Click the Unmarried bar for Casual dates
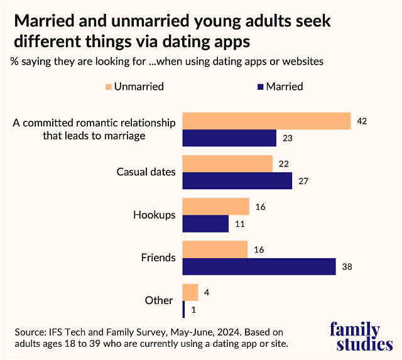[x=227, y=163]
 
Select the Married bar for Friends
[x=259, y=266]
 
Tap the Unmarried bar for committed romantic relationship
[x=266, y=121]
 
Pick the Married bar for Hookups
[x=205, y=224]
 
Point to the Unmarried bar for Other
[x=190, y=292]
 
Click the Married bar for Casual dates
[x=237, y=180]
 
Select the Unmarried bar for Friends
[x=215, y=249]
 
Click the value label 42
[x=362, y=121]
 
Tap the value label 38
[x=347, y=266]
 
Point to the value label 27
[x=303, y=181]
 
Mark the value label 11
[x=239, y=224]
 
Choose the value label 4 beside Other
[x=207, y=292]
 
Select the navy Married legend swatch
[x=259, y=86]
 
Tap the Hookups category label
[x=154, y=215]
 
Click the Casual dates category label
[x=146, y=172]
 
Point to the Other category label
[x=158, y=300]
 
